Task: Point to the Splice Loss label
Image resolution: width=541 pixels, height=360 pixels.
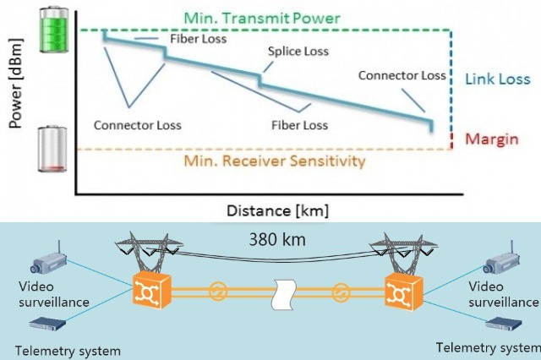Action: tap(298, 51)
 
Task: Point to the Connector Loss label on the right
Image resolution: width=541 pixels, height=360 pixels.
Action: tap(402, 76)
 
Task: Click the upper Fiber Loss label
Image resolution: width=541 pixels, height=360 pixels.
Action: tap(196, 38)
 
